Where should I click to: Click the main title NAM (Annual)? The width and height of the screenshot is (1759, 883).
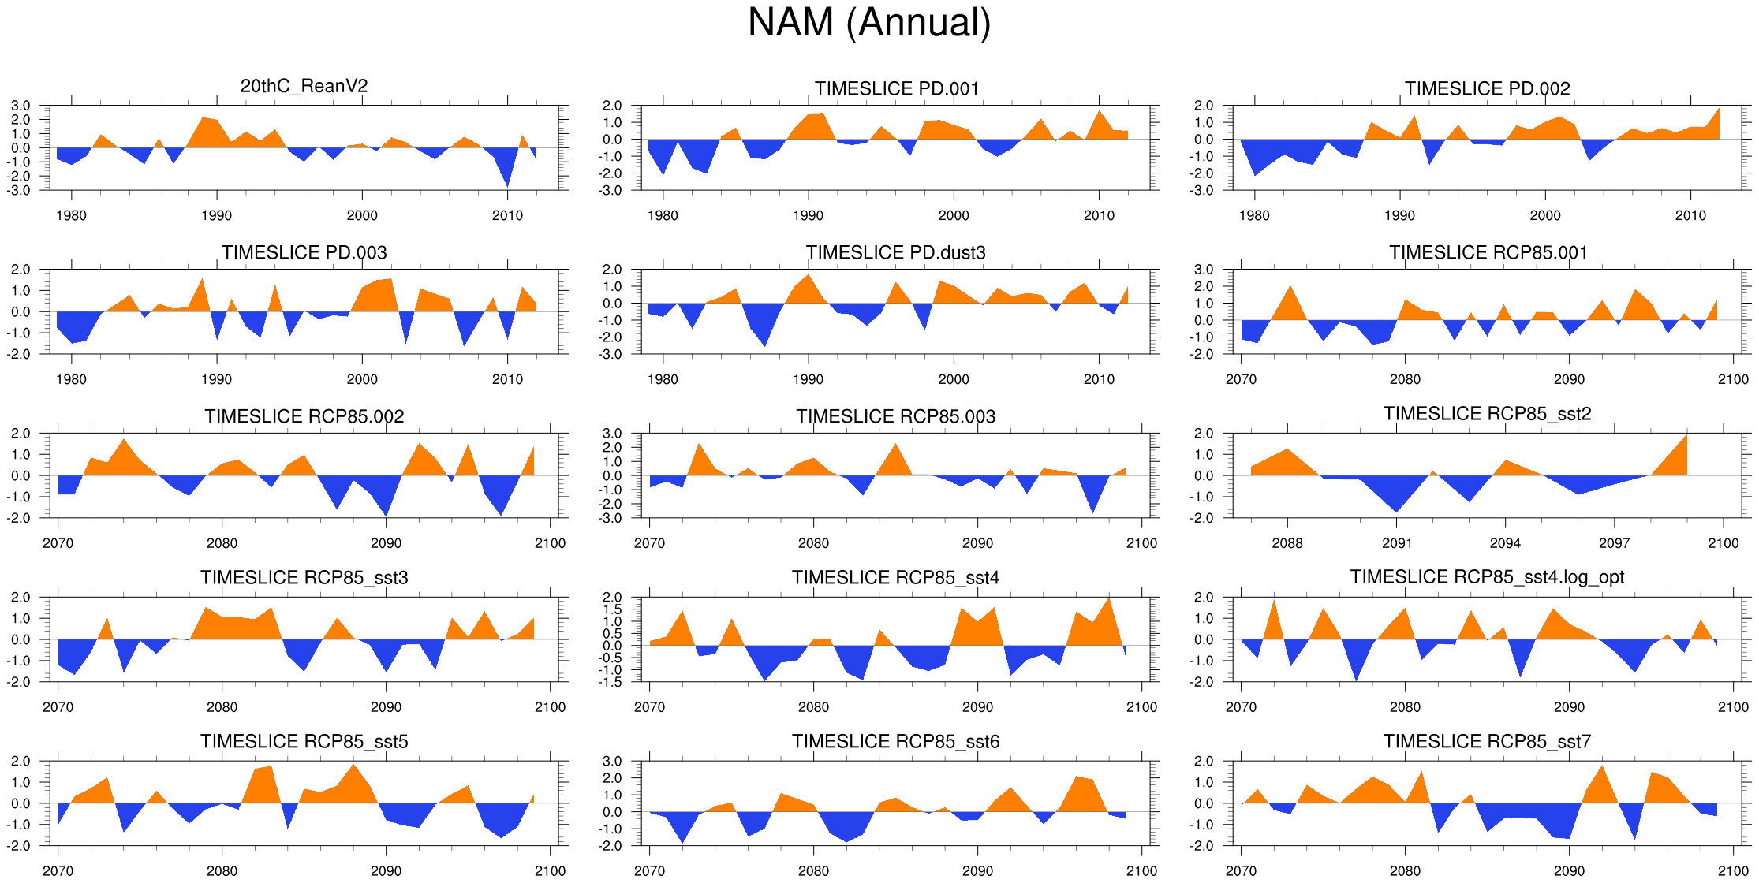pyautogui.click(x=869, y=22)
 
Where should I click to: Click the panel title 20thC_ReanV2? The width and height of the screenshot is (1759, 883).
pyautogui.click(x=304, y=86)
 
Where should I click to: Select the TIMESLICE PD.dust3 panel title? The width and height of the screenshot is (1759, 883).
pyautogui.click(x=895, y=252)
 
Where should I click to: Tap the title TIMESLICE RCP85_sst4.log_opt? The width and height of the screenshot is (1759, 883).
pyautogui.click(x=1487, y=577)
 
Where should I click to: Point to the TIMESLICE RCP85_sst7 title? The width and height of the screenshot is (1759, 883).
pyautogui.click(x=1487, y=741)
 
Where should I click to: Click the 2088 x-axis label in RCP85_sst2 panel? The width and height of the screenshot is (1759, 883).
pyautogui.click(x=1287, y=543)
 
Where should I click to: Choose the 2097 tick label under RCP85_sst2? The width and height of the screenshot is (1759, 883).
pyautogui.click(x=1614, y=543)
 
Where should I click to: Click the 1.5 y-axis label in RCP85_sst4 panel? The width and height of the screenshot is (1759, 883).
pyautogui.click(x=612, y=609)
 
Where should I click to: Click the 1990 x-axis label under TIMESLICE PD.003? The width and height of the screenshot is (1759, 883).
pyautogui.click(x=216, y=379)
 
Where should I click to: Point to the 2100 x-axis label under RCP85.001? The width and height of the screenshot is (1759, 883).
pyautogui.click(x=1733, y=379)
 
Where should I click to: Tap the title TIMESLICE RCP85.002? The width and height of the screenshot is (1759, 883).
pyautogui.click(x=304, y=416)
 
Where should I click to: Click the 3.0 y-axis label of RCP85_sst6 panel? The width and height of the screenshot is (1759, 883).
pyautogui.click(x=612, y=762)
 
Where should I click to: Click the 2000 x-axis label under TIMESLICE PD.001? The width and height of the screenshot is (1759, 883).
pyautogui.click(x=953, y=215)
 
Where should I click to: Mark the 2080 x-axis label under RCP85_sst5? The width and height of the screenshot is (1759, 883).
pyautogui.click(x=222, y=871)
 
